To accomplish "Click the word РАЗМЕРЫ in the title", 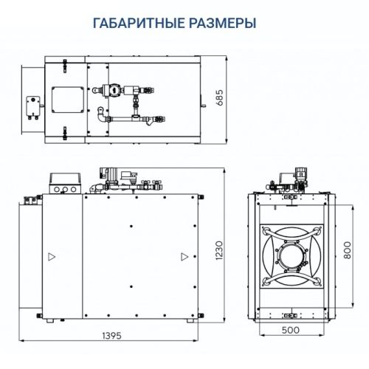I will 220,23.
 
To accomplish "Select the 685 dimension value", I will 219,97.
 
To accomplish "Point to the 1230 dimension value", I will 219,251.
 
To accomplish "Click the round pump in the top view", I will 112,89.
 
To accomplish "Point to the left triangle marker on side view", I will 51,257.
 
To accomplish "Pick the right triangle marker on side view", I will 182,257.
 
